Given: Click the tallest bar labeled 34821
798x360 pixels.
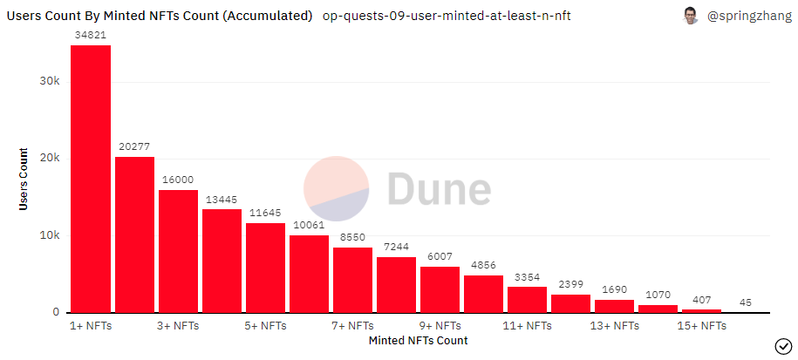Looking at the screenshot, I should pos(91,179).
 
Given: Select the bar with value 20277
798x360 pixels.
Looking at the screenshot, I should pos(134,234).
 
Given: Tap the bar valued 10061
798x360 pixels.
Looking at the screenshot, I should pos(309,274).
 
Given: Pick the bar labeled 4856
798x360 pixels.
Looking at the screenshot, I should pos(483,294).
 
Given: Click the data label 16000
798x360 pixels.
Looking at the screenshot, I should pos(178,179).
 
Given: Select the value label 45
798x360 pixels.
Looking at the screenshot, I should pos(745,302).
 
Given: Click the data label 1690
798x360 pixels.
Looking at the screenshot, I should pos(614,289).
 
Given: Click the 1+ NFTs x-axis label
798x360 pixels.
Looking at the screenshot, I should pos(91,326).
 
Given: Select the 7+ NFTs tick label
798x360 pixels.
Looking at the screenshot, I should pos(352,326).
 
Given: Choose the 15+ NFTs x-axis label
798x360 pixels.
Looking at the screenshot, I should pos(701,326).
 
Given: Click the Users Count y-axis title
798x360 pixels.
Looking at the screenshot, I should pos(24,178).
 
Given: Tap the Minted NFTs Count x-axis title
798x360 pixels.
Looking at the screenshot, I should pos(418,340).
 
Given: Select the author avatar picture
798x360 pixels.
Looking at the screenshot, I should pos(691,16).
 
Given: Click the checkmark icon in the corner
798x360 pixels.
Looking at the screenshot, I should pos(781,344).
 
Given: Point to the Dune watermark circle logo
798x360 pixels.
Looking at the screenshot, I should pos(337,189).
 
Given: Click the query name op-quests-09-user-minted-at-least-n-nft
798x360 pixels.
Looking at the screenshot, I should pos(447,16).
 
